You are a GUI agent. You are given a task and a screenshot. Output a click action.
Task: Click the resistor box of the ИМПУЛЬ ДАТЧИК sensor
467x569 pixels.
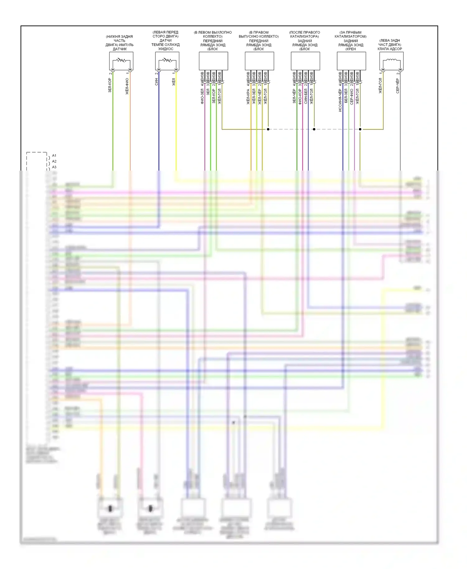[121, 61]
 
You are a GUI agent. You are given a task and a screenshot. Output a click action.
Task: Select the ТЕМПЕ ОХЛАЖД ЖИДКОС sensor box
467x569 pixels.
[167, 61]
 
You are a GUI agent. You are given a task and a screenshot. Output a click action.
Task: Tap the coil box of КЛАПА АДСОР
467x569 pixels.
[391, 61]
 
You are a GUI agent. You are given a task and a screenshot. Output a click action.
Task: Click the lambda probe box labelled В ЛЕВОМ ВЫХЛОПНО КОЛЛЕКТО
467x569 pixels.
[213, 61]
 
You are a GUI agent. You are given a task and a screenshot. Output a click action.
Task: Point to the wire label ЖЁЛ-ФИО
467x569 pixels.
[127, 86]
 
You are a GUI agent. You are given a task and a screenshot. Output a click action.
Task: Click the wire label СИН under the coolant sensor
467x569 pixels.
[156, 82]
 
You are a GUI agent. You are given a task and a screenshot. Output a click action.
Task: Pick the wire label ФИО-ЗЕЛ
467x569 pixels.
[202, 96]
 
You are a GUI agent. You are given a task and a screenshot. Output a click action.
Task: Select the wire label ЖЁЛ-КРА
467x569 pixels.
[248, 96]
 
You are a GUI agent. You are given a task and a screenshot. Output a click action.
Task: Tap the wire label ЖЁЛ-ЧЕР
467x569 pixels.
[260, 96]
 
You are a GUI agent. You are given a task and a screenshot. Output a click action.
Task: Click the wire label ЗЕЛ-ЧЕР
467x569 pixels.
[294, 96]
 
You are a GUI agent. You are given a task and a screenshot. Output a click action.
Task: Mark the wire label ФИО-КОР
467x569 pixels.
[300, 96]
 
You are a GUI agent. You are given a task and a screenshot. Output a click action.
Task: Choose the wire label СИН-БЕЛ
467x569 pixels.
[306, 96]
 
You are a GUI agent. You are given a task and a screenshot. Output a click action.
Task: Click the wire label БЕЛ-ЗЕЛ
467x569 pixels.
[346, 96]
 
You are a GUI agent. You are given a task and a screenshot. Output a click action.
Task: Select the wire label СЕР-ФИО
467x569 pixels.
[351, 96]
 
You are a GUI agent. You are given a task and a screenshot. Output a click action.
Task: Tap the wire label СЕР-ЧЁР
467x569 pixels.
[398, 86]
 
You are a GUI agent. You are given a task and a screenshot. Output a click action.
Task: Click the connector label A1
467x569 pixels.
[54, 156]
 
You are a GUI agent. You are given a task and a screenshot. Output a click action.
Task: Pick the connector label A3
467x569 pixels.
[54, 167]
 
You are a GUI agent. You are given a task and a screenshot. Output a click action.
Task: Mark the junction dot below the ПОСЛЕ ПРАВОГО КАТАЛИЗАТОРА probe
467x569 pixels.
[314, 129]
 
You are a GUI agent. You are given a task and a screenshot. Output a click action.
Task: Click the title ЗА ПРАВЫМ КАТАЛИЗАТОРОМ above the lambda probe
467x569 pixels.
[351, 34]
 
